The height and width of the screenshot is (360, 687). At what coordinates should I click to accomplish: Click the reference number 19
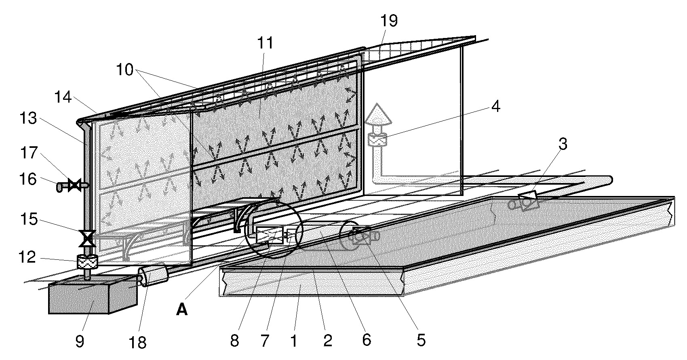[389, 21]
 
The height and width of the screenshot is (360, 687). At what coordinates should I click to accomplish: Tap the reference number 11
[265, 43]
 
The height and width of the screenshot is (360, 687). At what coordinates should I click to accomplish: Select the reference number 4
[495, 106]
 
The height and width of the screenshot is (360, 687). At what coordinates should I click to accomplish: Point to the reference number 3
[563, 144]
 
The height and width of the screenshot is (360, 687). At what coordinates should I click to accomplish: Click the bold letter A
[182, 310]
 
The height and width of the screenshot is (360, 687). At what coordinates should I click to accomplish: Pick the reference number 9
[80, 341]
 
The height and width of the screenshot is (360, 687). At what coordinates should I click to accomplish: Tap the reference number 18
[137, 342]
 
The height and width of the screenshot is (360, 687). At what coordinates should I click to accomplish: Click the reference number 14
[63, 97]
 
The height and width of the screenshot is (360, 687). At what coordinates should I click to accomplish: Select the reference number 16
[28, 179]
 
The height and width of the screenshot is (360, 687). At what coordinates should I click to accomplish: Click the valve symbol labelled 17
[74, 185]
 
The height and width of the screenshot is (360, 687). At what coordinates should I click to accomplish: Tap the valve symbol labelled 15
[87, 238]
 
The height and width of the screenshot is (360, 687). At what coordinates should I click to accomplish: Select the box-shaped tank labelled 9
[93, 295]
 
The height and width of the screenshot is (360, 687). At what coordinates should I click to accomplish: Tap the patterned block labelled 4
[377, 140]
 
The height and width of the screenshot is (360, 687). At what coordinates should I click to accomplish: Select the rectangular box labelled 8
[269, 235]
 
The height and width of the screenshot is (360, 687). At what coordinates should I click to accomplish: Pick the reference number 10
[125, 69]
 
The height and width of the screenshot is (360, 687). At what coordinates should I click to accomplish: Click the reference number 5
[421, 340]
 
